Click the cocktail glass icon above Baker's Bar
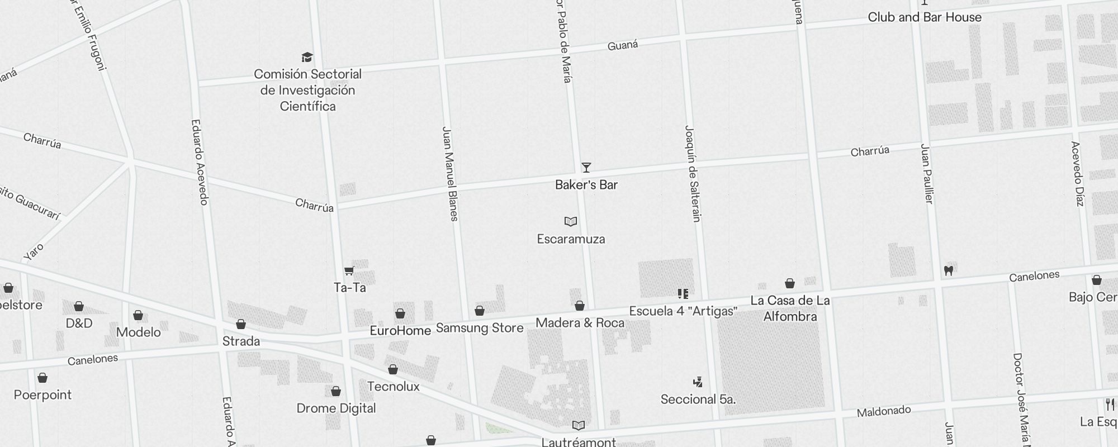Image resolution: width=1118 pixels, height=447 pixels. point(586,168)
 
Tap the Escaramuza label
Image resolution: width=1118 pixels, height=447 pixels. point(571,239)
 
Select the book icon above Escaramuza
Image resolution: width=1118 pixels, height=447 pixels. point(570,222)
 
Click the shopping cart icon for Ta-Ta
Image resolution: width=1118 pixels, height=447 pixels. point(349,271)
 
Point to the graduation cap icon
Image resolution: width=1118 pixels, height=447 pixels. point(307,58)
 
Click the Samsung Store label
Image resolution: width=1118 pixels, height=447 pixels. point(480,328)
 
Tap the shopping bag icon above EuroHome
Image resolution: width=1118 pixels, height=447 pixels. point(400,313)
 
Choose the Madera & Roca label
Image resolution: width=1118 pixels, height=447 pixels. point(580,323)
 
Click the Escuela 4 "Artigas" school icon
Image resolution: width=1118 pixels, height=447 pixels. point(683,293)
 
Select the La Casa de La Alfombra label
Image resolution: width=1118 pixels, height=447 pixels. point(790,308)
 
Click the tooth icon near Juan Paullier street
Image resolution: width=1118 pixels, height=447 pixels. point(948,270)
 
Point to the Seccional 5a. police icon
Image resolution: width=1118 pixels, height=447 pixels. point(698,382)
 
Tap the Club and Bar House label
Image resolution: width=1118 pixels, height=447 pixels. point(925,17)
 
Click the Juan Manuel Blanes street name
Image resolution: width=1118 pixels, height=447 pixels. point(451,174)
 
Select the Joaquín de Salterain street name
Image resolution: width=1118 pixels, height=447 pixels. point(693,173)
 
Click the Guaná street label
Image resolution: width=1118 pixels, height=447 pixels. point(623,45)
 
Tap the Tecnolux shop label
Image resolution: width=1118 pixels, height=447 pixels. point(394,387)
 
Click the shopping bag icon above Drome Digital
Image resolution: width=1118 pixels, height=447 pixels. point(336,391)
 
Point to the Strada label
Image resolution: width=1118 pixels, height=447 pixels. point(241,341)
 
